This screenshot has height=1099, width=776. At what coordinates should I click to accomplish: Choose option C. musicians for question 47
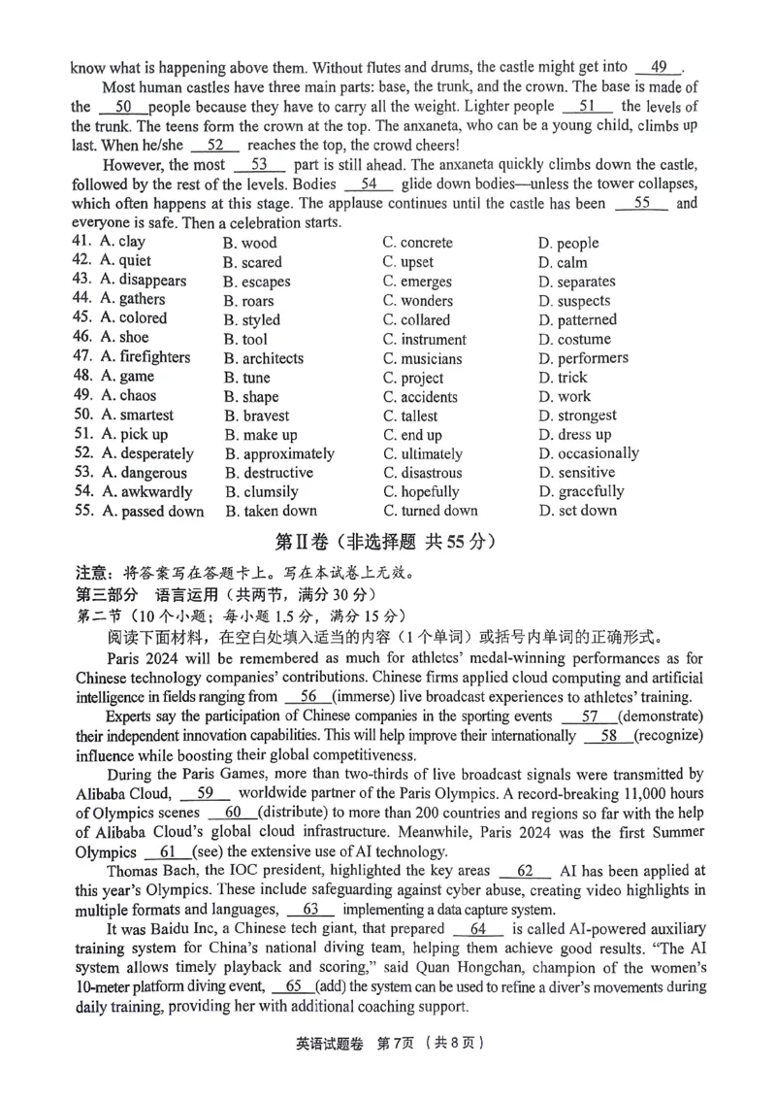point(422,358)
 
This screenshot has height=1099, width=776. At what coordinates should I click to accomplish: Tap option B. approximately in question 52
point(279,453)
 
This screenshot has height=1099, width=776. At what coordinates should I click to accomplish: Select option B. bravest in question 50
point(257,416)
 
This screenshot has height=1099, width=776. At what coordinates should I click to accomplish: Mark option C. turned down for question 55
point(431,511)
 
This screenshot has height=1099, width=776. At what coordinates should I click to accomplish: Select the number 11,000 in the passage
point(630,793)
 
